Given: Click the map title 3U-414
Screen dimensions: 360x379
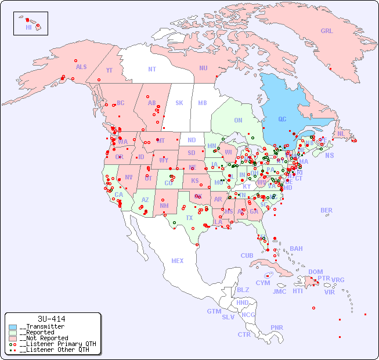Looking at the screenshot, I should click(51, 319).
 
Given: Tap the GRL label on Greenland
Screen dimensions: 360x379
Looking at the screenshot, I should click(327, 31).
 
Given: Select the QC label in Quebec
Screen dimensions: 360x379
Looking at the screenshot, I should click(282, 120).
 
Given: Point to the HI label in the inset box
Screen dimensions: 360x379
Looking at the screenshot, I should click(28, 27).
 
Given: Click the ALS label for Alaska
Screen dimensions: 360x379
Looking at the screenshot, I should click(81, 67).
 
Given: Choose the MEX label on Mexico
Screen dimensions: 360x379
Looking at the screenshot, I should click(178, 261).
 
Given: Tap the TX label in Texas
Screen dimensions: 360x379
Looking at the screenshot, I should click(189, 218).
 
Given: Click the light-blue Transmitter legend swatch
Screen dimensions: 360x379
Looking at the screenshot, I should click(13, 326).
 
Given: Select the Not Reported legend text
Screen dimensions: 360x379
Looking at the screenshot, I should click(44, 338).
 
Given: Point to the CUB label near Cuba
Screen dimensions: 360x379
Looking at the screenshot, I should click(247, 255).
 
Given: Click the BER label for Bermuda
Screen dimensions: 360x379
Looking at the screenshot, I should click(327, 210).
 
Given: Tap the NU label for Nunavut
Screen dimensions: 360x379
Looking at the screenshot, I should click(203, 68).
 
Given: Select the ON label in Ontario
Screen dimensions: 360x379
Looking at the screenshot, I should click(238, 120).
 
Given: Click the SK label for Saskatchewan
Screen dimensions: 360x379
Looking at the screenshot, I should click(179, 103).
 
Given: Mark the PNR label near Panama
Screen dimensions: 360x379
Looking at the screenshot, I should click(277, 327).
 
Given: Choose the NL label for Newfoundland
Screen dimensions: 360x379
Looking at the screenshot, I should click(341, 133).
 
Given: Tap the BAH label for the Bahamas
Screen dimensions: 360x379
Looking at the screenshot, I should click(296, 249).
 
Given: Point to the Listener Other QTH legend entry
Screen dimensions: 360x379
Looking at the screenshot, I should click(52, 350).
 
